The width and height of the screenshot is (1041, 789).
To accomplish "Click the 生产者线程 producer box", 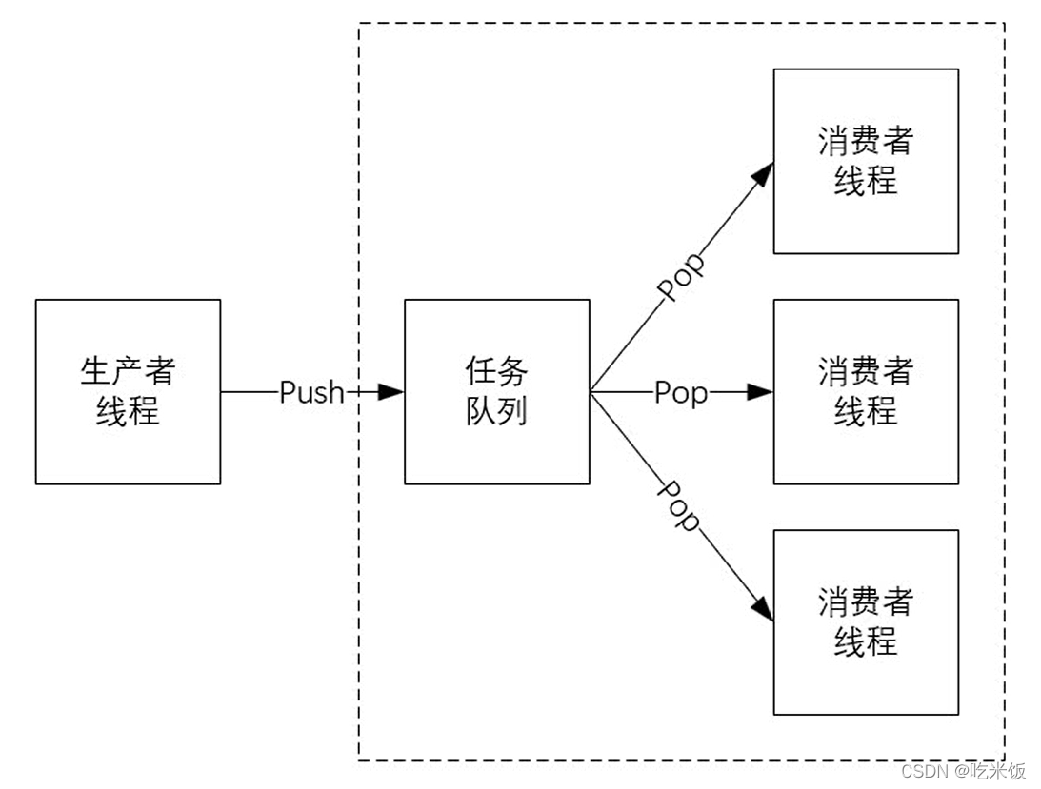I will click(x=128, y=391).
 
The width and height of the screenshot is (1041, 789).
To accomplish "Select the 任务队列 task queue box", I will click(x=496, y=391).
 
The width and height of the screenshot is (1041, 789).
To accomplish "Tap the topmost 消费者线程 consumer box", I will click(x=866, y=161).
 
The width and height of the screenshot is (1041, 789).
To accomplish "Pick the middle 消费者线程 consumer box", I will click(x=866, y=391).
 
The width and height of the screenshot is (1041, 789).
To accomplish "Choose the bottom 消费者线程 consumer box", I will click(x=866, y=621).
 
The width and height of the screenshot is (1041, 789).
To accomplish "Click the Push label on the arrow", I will click(x=310, y=392).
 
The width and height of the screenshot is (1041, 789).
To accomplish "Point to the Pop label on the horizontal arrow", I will click(x=681, y=392).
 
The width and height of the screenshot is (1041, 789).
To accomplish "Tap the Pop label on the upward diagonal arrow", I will click(x=682, y=277).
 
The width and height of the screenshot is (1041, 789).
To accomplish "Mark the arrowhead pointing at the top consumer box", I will click(x=761, y=173).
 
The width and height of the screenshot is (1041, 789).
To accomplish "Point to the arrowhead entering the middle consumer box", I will click(x=760, y=391).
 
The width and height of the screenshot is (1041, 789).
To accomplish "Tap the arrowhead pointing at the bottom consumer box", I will click(x=761, y=608).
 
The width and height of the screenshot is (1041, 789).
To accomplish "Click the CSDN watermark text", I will click(x=963, y=770).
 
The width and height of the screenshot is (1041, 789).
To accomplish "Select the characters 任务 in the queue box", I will click(x=496, y=371).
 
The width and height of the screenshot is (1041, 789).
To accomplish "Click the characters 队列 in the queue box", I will click(x=496, y=411).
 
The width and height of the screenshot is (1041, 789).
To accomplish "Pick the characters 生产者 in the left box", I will click(x=128, y=371).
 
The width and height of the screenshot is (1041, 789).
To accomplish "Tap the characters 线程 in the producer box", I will click(x=128, y=412).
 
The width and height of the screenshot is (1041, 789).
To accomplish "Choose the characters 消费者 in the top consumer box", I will click(x=866, y=141).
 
